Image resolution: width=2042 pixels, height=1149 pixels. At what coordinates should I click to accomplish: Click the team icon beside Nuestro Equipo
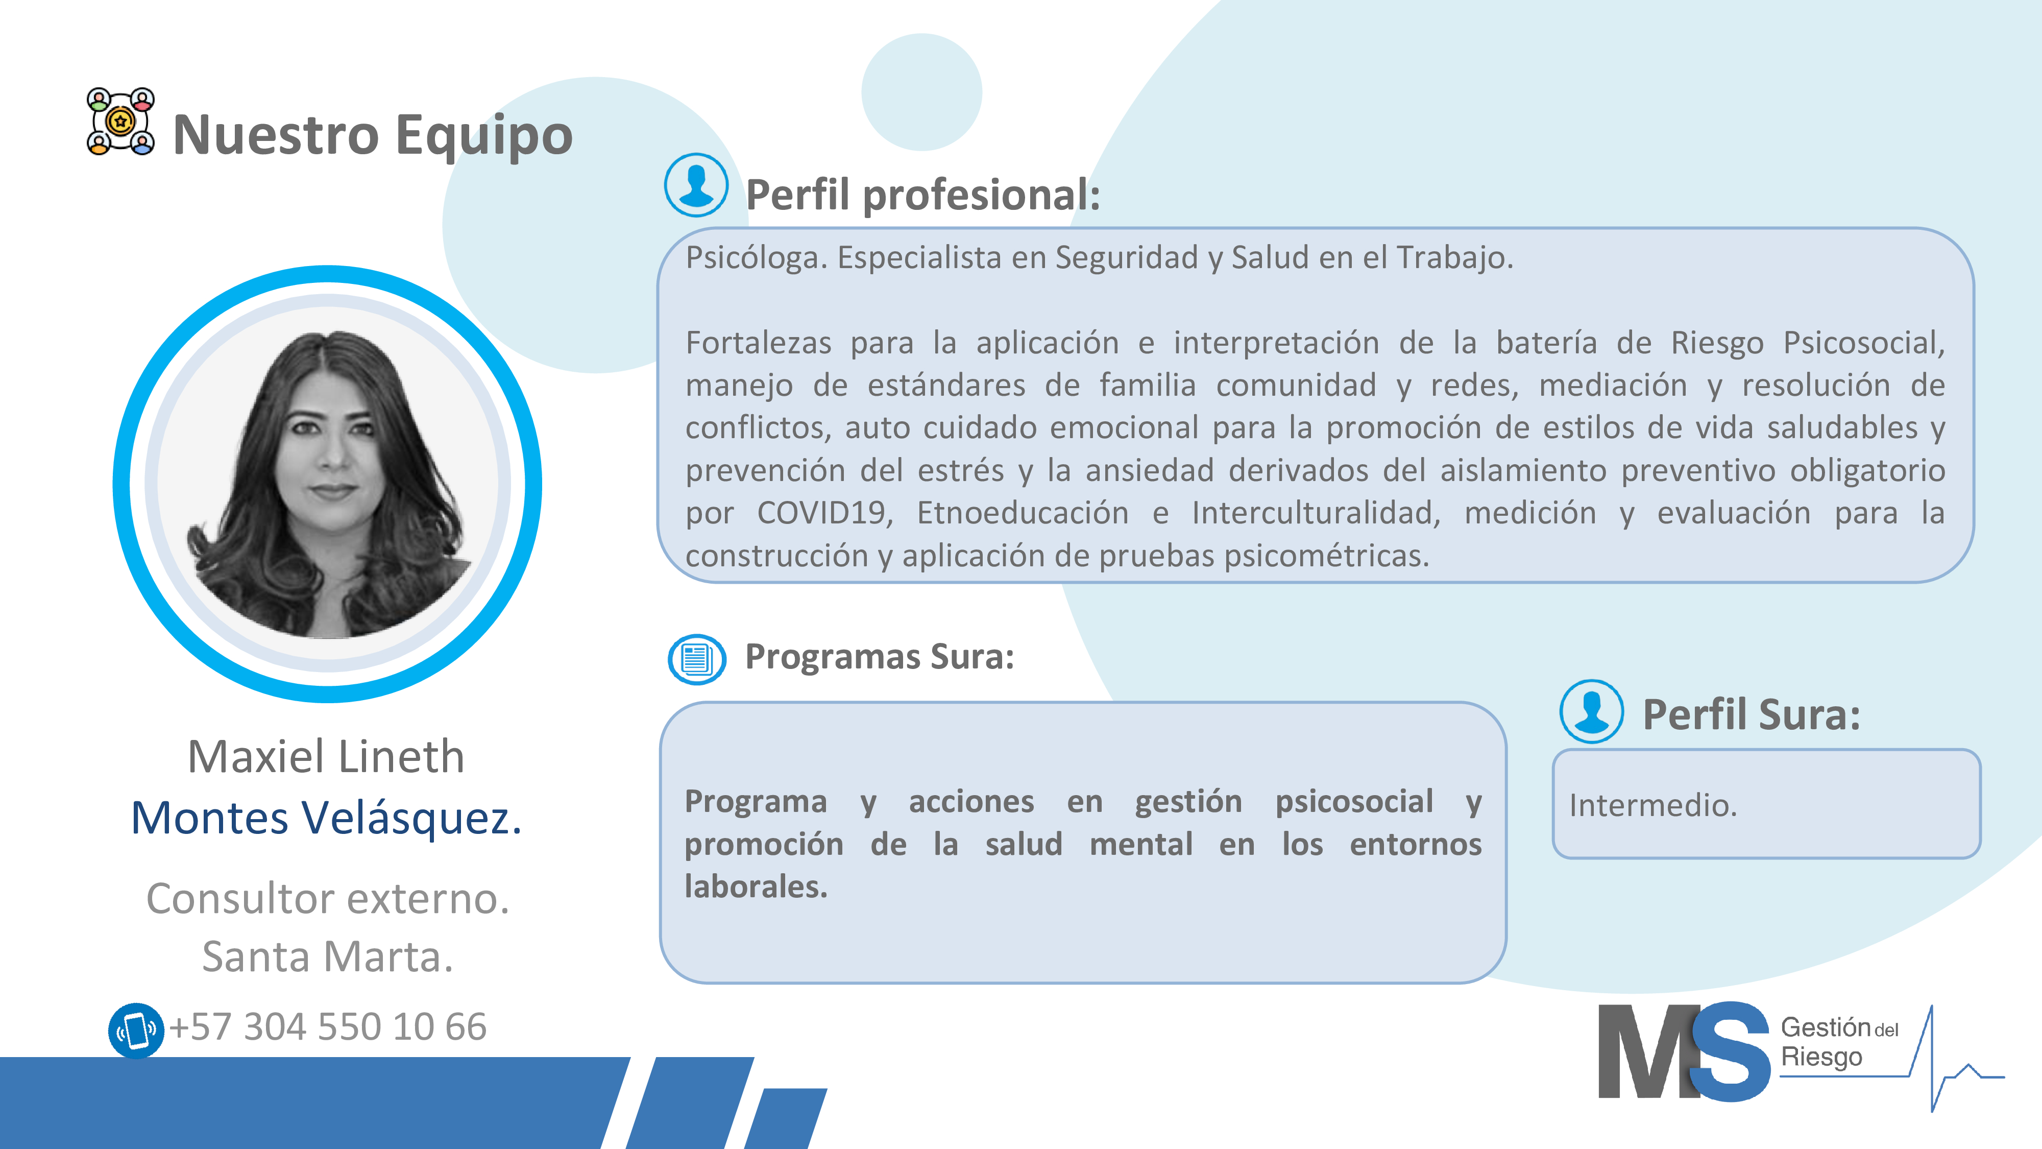[120, 122]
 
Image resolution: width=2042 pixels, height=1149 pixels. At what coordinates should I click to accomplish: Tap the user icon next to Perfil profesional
[696, 185]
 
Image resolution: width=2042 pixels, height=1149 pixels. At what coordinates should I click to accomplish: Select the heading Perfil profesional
[922, 195]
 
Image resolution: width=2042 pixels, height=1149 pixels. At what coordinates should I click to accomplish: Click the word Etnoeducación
[1023, 513]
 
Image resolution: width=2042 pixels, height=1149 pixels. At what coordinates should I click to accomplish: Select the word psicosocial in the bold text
[1354, 802]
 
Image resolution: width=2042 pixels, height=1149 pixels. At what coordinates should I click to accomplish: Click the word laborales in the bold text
[756, 887]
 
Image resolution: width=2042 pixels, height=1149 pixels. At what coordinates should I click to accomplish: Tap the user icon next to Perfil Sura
[1591, 711]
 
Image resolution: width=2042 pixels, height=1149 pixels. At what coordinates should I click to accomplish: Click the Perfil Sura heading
[1751, 714]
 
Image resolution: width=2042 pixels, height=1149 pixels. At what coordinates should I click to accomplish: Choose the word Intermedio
[1653, 806]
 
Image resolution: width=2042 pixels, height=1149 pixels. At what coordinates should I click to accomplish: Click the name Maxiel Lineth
[326, 756]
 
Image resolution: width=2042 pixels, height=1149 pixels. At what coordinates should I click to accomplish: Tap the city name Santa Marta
[327, 956]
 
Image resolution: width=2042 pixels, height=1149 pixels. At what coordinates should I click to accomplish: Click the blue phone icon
[136, 1030]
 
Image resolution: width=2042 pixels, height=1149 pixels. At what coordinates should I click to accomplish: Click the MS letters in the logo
[1684, 1051]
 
